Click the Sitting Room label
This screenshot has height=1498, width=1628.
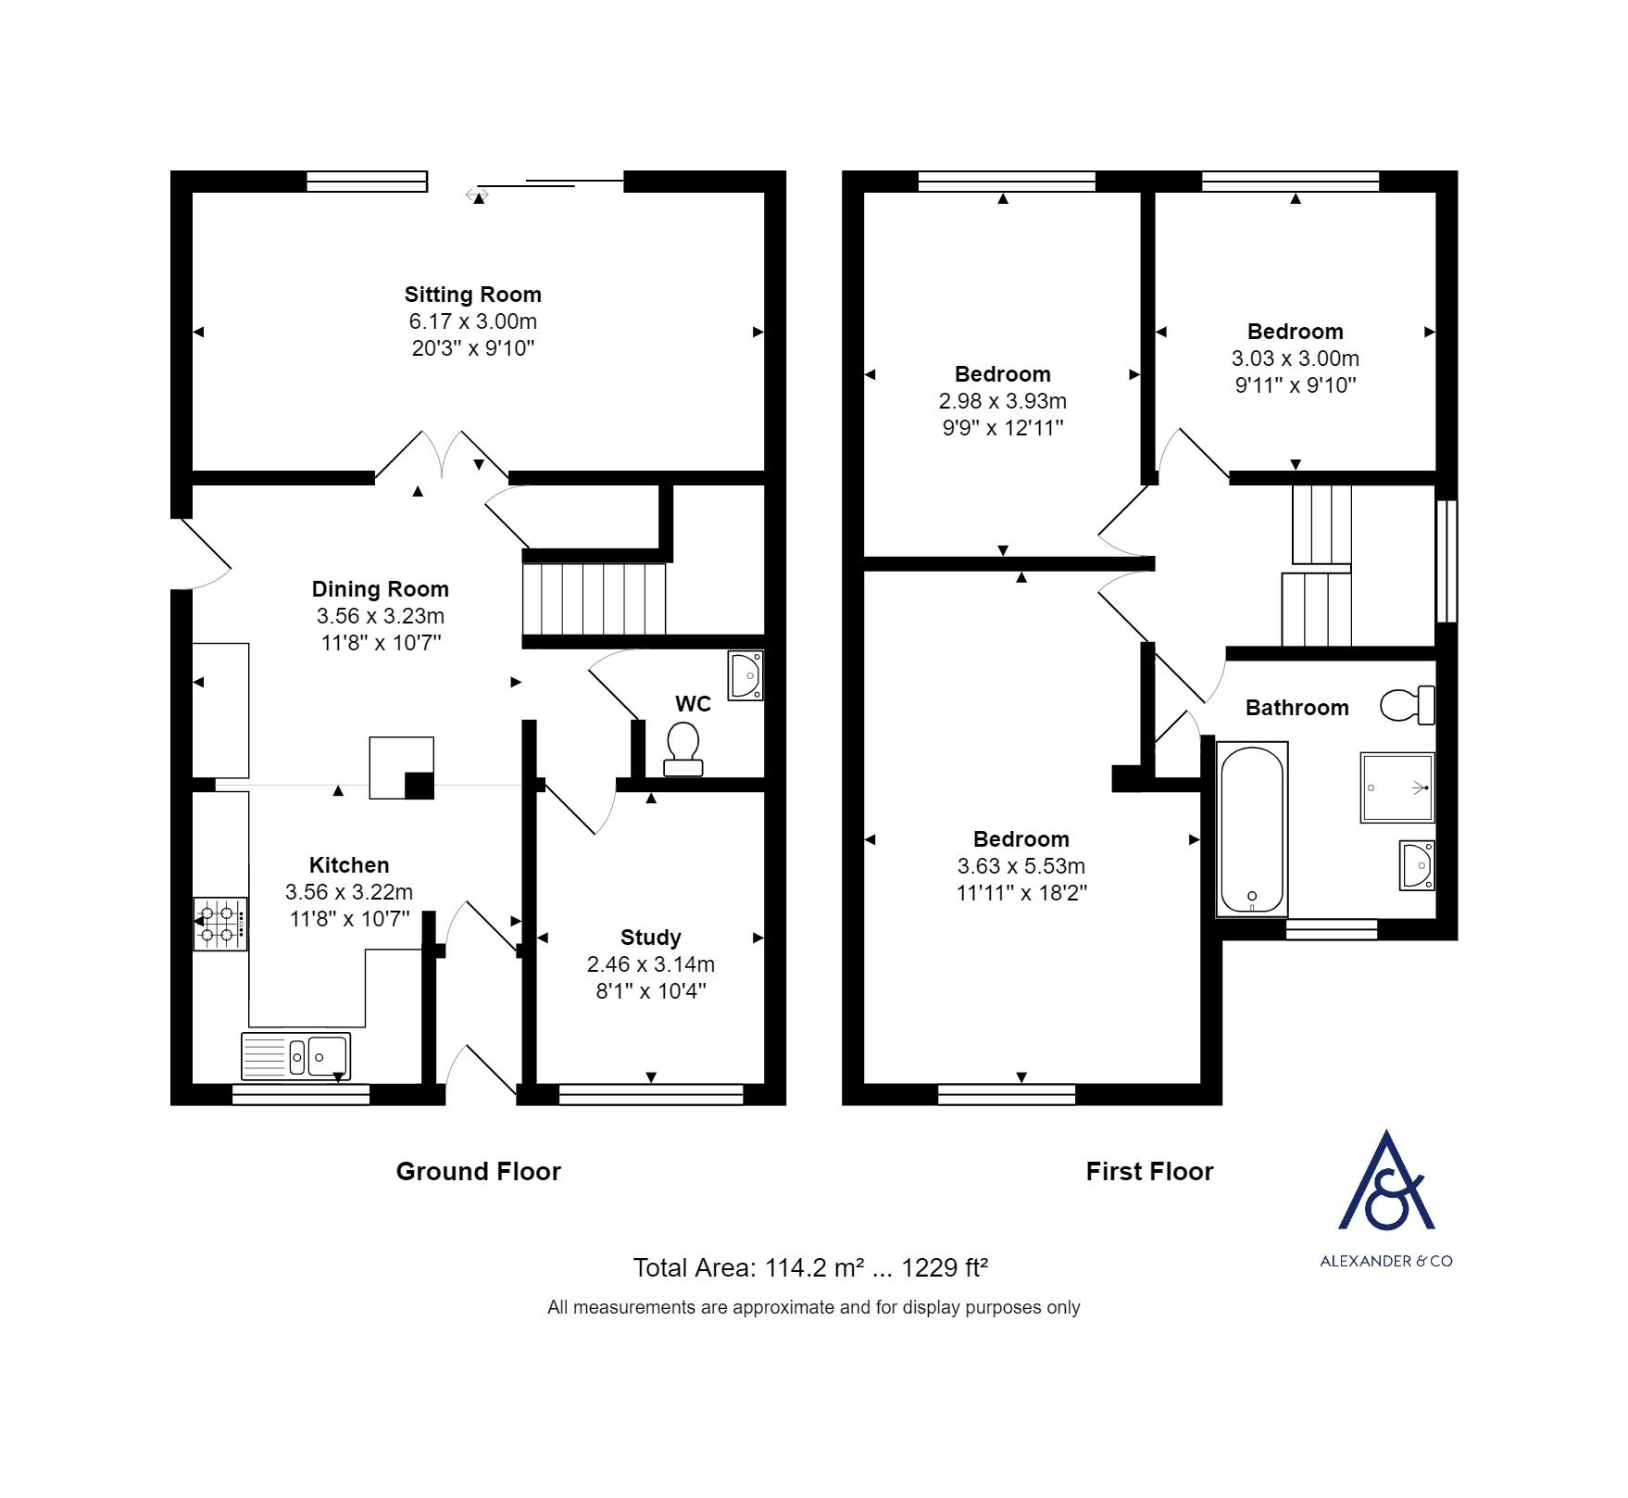tap(472, 295)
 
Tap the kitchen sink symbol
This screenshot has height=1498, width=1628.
tap(295, 1056)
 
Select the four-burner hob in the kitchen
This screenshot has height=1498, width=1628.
tap(220, 924)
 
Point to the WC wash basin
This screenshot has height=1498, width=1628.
tap(745, 675)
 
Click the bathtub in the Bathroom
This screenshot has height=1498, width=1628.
tap(1252, 830)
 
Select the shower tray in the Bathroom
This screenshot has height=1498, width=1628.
tap(1397, 787)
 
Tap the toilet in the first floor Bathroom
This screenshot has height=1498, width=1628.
tap(1407, 705)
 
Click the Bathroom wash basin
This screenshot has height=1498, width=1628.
tap(1417, 864)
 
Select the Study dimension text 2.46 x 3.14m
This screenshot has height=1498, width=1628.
tap(650, 964)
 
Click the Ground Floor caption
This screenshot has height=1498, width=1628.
tap(478, 1172)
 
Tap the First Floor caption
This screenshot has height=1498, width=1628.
tap(1149, 1172)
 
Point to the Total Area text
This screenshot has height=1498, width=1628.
tap(810, 1267)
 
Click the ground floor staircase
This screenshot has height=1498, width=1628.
tap(595, 598)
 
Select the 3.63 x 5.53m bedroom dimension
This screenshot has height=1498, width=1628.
tap(1021, 866)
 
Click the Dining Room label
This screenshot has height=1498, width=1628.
tap(380, 589)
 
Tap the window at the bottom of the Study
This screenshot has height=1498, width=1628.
tap(651, 1095)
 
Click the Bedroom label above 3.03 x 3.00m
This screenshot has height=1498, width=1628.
tap(1295, 332)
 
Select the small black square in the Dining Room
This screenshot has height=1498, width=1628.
tap(420, 785)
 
